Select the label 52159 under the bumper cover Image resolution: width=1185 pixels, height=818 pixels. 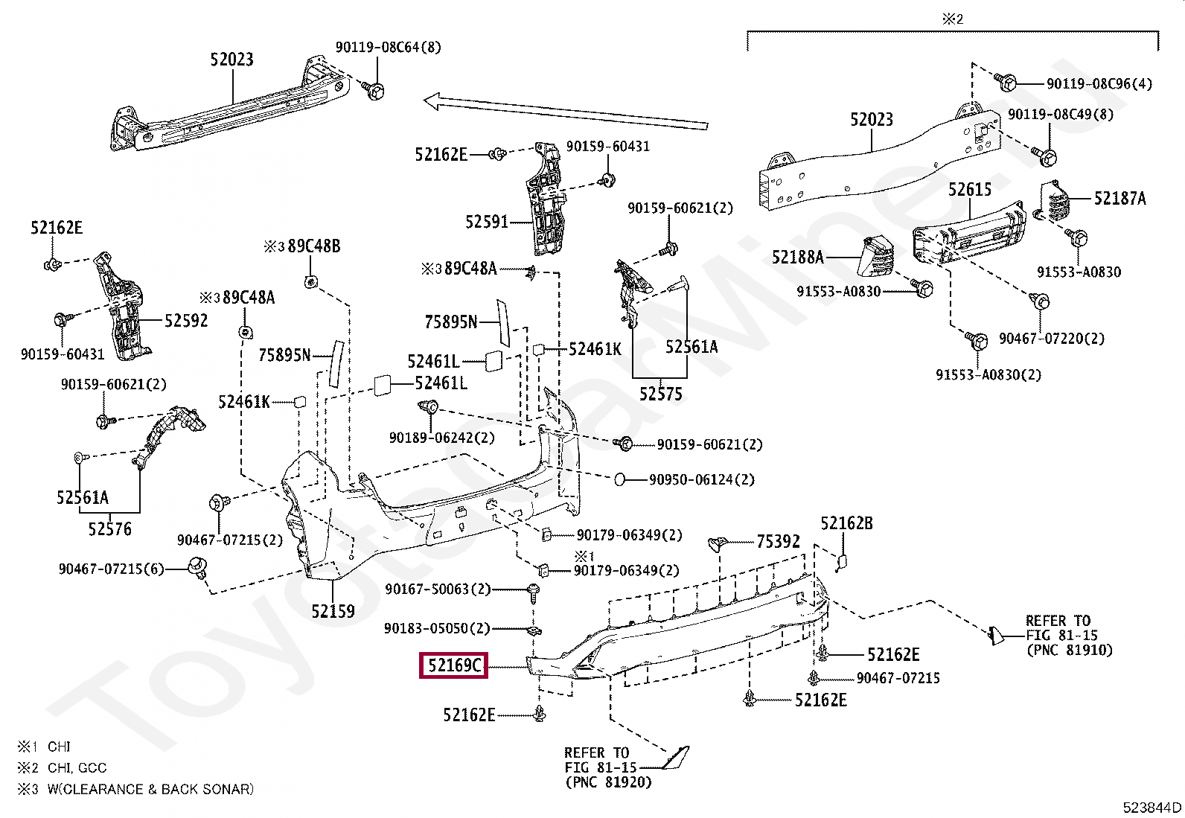coord(333,611)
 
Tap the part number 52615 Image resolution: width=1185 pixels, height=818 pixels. coord(970,190)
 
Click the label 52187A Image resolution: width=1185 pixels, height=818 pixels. coord(1119,199)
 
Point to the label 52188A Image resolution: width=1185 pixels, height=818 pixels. coord(798,258)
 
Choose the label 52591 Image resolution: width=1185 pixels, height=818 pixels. coord(487,222)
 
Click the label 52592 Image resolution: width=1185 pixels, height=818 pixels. coord(186,321)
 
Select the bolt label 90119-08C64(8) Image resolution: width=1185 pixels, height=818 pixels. coord(388,47)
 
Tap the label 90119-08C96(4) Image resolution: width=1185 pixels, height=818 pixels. coord(1099,83)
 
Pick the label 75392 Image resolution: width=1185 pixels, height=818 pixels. coord(778,541)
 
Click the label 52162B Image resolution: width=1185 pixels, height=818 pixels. coord(846,523)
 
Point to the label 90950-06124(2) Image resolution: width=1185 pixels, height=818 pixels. coord(701,480)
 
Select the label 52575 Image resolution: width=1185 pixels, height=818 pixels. coord(661,394)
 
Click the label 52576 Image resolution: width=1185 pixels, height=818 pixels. coord(109,529)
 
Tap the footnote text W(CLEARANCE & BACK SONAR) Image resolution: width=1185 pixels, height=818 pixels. coord(150,789)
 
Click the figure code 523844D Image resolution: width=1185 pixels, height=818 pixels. coord(1152,807)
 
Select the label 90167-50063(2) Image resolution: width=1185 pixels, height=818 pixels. coord(438,589)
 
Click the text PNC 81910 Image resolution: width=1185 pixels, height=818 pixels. coord(1069,650)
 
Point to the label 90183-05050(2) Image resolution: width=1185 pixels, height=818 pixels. coord(437,629)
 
